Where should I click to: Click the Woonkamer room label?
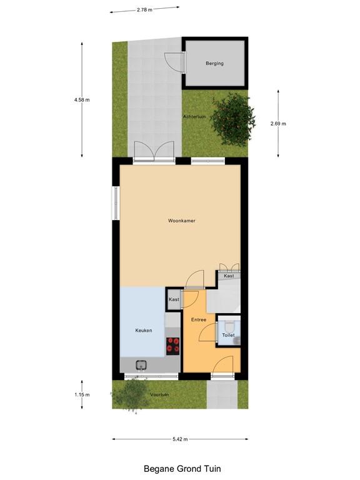(x=181, y=221)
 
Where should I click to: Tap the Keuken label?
(x=144, y=330)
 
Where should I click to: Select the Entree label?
(x=198, y=319)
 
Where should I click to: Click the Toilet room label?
(x=228, y=336)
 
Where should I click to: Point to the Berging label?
(x=214, y=63)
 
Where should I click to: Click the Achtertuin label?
(x=194, y=117)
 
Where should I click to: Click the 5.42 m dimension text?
(x=180, y=439)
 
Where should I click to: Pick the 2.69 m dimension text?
(x=278, y=124)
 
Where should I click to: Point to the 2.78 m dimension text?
(x=144, y=9)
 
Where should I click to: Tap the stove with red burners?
(x=172, y=345)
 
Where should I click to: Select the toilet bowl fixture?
(x=229, y=326)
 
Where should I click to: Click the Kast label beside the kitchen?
(x=174, y=299)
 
